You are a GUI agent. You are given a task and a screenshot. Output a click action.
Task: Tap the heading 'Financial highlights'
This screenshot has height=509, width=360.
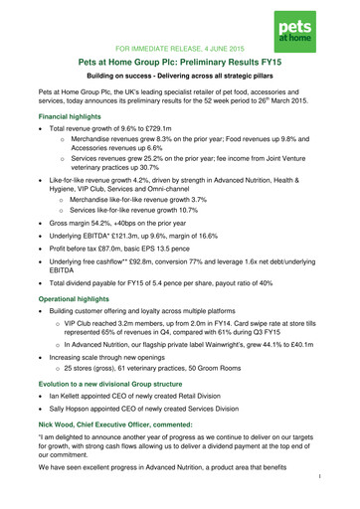(x=62, y=142)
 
